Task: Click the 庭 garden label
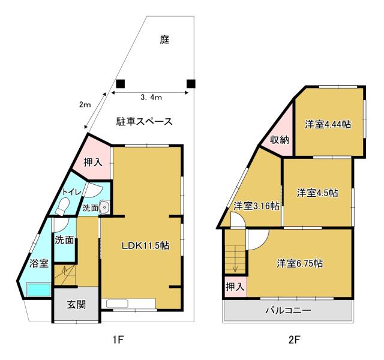pyautogui.click(x=164, y=40)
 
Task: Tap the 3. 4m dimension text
pyautogui.click(x=151, y=97)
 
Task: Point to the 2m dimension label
pyautogui.click(x=85, y=105)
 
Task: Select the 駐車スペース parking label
pyautogui.click(x=144, y=121)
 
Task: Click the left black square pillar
pyautogui.click(x=121, y=84)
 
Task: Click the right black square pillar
pyautogui.click(x=191, y=84)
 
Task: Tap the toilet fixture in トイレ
pyautogui.click(x=62, y=206)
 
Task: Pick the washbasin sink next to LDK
pyautogui.click(x=104, y=208)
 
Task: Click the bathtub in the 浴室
pyautogui.click(x=38, y=290)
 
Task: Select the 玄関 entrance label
pyautogui.click(x=76, y=305)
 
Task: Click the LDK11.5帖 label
pyautogui.click(x=145, y=245)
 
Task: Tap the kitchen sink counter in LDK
pyautogui.click(x=128, y=304)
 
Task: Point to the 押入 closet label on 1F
pyautogui.click(x=93, y=163)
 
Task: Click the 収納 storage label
pyautogui.click(x=280, y=140)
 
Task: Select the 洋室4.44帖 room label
pyautogui.click(x=328, y=124)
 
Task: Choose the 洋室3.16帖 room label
pyautogui.click(x=256, y=206)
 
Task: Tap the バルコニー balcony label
pyautogui.click(x=289, y=311)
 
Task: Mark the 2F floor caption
pyautogui.click(x=295, y=340)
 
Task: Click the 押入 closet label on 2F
pyautogui.click(x=235, y=287)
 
